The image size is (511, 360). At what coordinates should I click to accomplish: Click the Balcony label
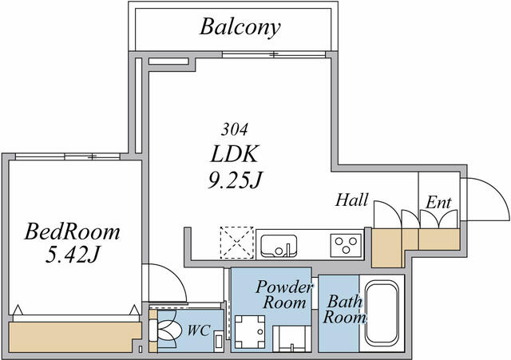(x=240, y=28)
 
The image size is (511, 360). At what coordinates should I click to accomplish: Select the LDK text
(x=236, y=153)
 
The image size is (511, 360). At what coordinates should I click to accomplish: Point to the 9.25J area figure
(x=236, y=180)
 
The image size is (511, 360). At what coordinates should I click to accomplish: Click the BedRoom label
(x=72, y=232)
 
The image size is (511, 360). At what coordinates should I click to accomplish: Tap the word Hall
(x=351, y=200)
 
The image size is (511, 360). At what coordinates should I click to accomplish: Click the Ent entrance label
(x=439, y=203)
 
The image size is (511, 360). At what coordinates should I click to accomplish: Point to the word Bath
(x=345, y=302)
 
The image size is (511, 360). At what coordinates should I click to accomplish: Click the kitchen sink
(x=277, y=243)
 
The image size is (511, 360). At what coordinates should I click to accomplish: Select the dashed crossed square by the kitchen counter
(x=237, y=242)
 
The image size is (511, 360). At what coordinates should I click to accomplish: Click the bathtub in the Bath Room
(x=382, y=313)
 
